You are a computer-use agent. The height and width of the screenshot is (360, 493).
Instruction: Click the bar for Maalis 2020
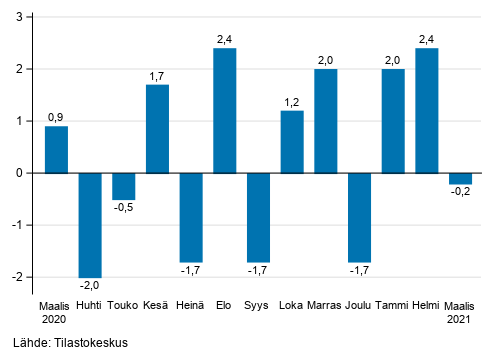click(57, 149)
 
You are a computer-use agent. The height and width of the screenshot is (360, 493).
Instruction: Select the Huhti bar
click(90, 224)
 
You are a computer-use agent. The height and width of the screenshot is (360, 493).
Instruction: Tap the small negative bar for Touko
click(124, 186)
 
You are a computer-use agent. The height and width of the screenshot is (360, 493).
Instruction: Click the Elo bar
click(225, 110)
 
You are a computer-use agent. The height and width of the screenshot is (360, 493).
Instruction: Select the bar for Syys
click(259, 217)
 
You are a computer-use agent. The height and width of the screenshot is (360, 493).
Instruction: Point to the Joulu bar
click(359, 217)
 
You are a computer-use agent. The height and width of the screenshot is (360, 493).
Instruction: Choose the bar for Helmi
click(426, 110)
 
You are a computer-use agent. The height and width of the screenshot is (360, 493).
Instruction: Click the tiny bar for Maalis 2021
click(460, 178)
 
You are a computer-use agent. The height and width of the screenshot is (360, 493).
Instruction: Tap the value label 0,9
click(57, 117)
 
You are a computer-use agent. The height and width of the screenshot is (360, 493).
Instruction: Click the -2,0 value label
click(90, 286)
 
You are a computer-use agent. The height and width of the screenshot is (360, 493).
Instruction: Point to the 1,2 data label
click(292, 102)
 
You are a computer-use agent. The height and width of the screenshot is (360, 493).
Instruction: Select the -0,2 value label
click(460, 194)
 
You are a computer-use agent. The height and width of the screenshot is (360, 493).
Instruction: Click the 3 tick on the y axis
click(25, 17)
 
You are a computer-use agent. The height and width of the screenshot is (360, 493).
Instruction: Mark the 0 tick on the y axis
click(25, 173)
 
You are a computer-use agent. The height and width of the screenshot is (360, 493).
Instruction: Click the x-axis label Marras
click(326, 304)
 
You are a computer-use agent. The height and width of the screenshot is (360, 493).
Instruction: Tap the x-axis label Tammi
click(393, 304)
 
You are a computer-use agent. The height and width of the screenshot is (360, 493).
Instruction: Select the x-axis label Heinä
click(191, 304)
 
